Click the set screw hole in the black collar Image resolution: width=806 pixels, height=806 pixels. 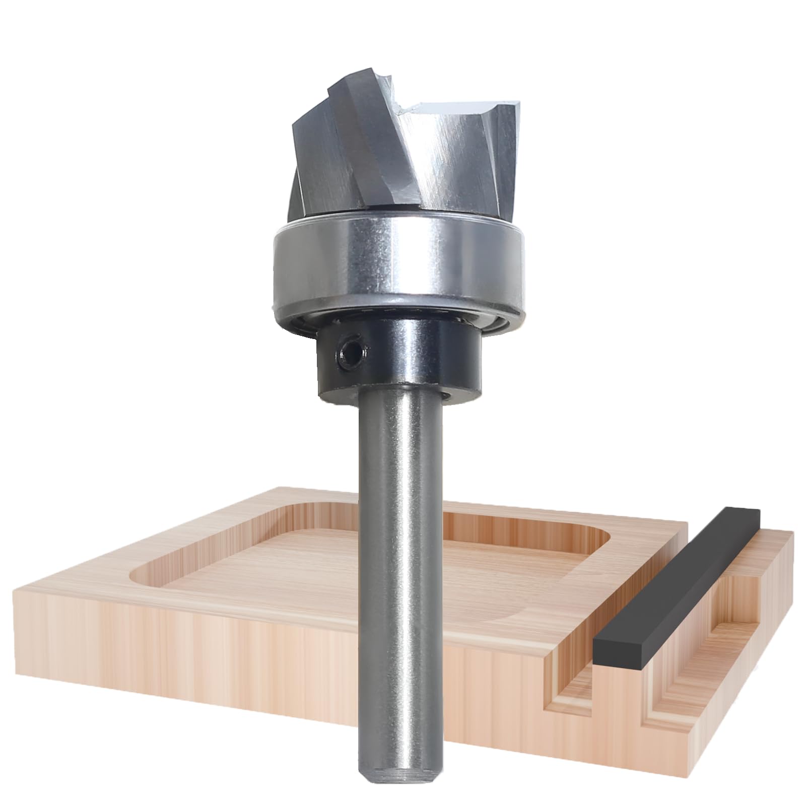pyautogui.click(x=347, y=349)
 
